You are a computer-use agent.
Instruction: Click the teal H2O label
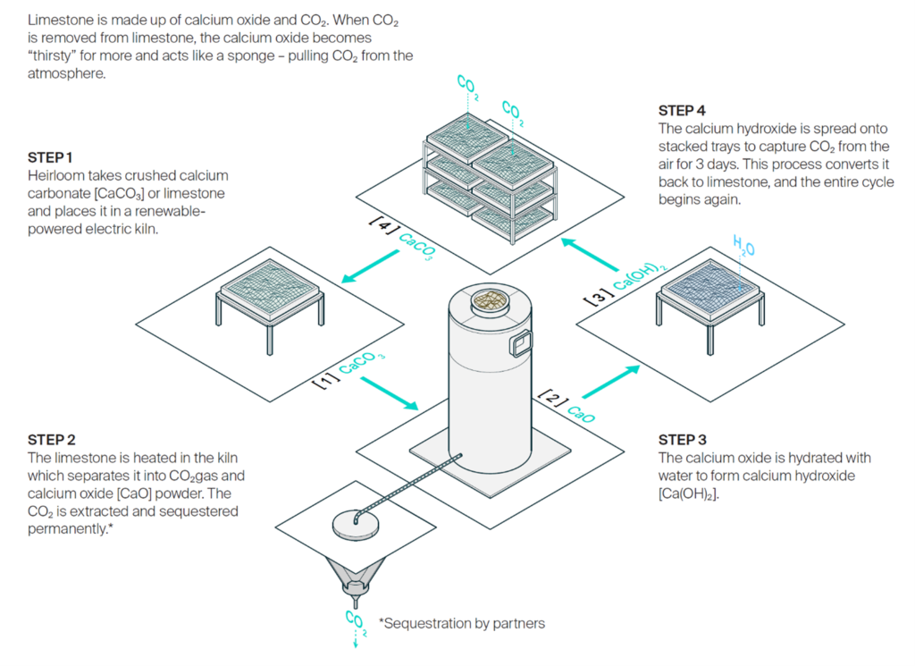[743, 245]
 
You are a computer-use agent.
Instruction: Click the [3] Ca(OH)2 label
[625, 283]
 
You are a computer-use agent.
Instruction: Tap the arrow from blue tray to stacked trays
[591, 255]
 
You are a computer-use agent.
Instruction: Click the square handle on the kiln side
[520, 343]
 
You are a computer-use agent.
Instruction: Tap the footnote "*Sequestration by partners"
[461, 623]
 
